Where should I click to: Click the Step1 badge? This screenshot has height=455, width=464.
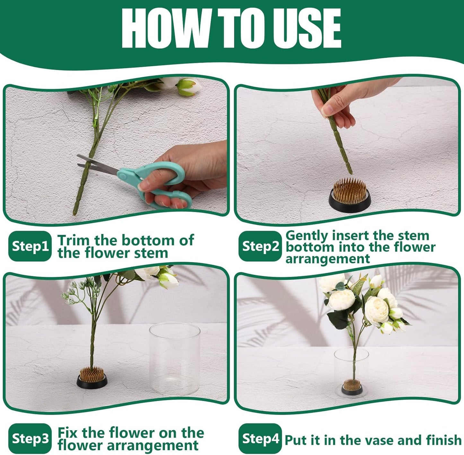click(30, 246)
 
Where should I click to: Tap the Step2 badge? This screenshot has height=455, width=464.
click(260, 246)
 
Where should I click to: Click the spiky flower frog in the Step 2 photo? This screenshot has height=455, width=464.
click(350, 195)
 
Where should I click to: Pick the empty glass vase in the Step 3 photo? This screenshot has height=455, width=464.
click(175, 359)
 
